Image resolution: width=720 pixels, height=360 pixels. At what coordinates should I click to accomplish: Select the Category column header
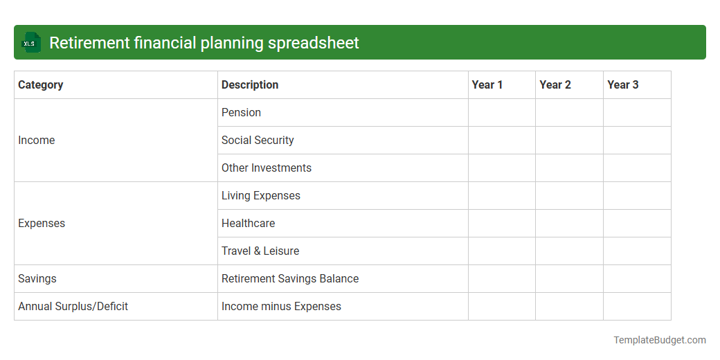[41, 85]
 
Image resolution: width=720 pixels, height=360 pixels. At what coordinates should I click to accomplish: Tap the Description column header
[250, 85]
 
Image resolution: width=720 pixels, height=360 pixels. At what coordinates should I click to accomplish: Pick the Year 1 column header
[487, 85]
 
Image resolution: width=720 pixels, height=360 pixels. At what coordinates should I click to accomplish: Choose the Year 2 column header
[555, 85]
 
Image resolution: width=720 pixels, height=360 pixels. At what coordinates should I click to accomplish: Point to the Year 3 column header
[623, 85]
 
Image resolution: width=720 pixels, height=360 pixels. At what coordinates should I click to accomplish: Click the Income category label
[37, 141]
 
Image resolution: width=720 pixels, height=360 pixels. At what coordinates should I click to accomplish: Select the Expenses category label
[42, 224]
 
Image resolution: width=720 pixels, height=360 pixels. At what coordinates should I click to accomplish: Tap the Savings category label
[37, 279]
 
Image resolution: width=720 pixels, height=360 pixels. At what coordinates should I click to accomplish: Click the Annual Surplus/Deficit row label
[73, 307]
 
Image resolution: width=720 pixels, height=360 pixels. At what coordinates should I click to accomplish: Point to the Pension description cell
[242, 113]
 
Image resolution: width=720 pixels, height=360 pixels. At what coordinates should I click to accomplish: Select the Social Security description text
[258, 141]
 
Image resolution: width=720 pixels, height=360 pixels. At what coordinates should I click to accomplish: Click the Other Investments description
[267, 168]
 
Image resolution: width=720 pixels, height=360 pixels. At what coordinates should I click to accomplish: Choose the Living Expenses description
[261, 196]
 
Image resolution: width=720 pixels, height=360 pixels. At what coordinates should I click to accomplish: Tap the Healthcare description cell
[249, 224]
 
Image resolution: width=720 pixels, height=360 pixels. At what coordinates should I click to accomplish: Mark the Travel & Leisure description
[260, 251]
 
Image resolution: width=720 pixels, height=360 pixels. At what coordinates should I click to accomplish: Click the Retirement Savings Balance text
[290, 279]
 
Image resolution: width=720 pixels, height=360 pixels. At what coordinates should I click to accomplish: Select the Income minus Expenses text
[281, 307]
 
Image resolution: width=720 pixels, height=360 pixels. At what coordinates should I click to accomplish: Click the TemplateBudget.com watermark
[660, 340]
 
